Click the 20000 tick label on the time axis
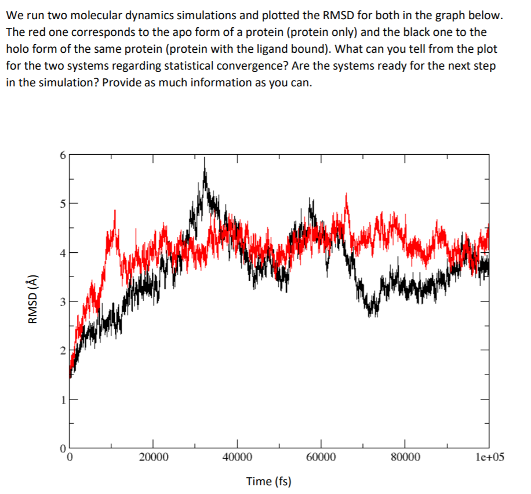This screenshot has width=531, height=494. [x=154, y=457]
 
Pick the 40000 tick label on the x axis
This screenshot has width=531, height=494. [x=237, y=457]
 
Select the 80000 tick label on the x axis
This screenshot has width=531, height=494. [x=405, y=457]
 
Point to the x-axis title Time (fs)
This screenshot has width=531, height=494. [x=268, y=481]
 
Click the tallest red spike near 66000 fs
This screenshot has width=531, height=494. [x=347, y=195]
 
